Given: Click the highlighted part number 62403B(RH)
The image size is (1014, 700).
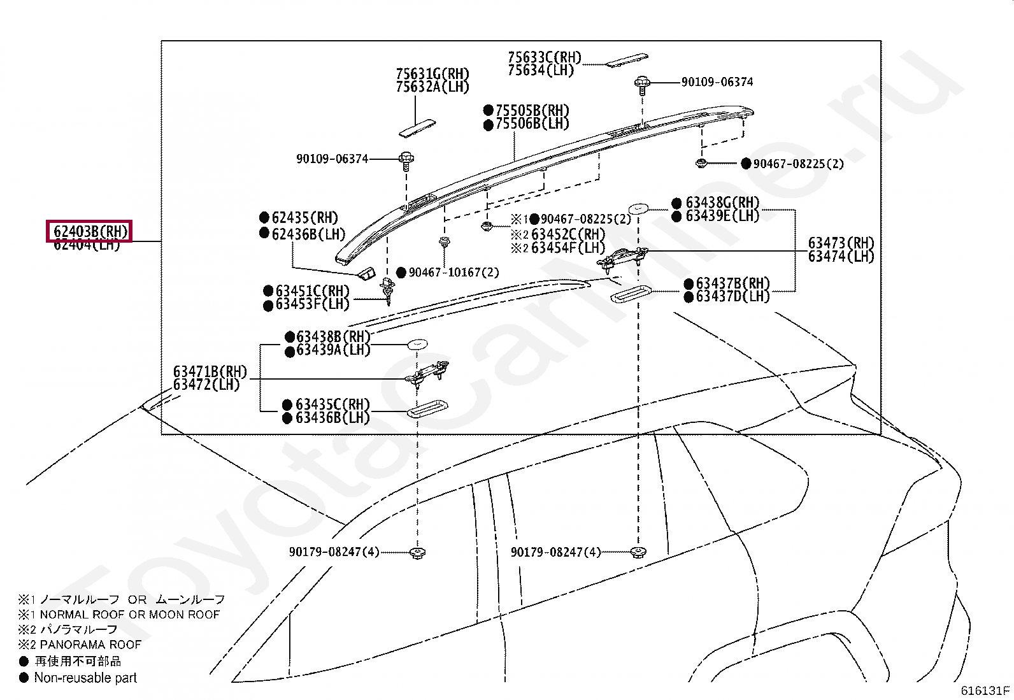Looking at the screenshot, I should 89,231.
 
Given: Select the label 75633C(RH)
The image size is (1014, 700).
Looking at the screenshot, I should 545,58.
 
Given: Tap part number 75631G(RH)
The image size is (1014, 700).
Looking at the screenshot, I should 432,75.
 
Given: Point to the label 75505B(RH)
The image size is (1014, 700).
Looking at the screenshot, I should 532,111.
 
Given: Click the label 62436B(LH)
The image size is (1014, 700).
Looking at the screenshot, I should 308,234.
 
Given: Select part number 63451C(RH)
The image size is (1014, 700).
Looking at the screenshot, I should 312,292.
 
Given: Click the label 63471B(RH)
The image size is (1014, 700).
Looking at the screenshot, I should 210,372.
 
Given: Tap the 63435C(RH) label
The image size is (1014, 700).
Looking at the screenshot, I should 332,404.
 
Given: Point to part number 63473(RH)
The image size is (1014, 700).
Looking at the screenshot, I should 841,243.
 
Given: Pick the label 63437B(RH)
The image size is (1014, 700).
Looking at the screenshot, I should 732,283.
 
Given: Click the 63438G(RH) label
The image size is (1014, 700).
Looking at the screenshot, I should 722,203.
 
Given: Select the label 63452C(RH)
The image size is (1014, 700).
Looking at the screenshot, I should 568,234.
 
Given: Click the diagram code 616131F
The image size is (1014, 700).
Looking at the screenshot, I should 985,690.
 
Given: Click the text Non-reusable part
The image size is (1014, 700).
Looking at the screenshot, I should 85,678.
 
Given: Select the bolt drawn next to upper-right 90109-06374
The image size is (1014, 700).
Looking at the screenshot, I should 641,83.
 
